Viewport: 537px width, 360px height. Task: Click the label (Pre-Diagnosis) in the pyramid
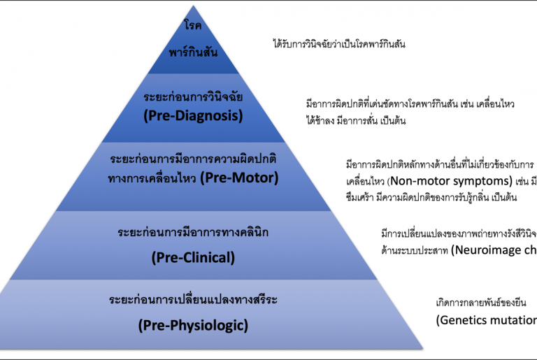click(x=193, y=116)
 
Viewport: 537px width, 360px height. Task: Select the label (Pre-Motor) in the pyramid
click(x=239, y=178)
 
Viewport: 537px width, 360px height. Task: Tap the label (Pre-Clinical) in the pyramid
click(x=193, y=257)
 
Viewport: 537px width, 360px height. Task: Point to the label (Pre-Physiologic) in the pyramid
click(x=193, y=324)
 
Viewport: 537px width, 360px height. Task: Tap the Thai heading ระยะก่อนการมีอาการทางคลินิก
click(x=194, y=231)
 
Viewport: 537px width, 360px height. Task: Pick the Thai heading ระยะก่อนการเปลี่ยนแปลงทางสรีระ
click(x=194, y=300)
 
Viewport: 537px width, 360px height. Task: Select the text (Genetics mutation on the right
click(x=486, y=320)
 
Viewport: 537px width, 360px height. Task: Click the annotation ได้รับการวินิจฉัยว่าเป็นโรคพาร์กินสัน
click(x=339, y=44)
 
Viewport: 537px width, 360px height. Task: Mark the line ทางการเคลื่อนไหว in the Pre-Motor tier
click(x=152, y=178)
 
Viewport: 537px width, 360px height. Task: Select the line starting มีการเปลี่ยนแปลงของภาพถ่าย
click(x=458, y=232)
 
